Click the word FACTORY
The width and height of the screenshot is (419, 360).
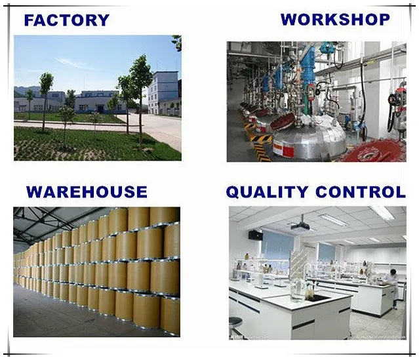(x=66, y=20)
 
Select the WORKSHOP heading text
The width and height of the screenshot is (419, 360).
(x=335, y=20)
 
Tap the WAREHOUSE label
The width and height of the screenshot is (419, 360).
(x=87, y=192)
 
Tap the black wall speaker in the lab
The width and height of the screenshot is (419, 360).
(x=255, y=235)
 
